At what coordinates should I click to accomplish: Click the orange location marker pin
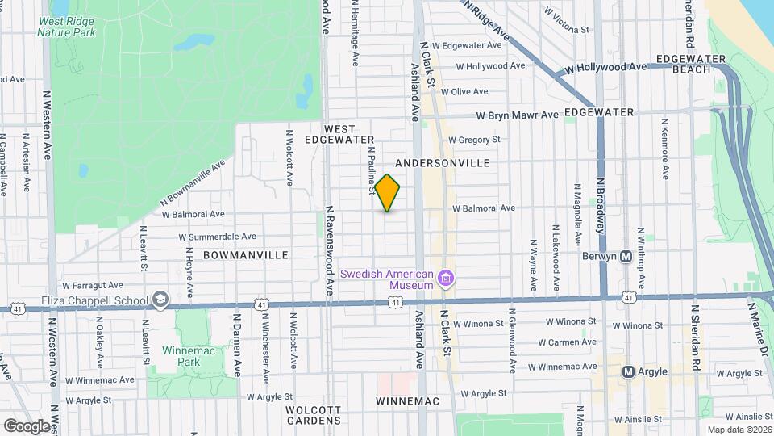[x=388, y=193]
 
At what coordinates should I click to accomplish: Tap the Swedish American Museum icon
[x=446, y=279]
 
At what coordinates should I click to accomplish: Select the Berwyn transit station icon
[x=626, y=257]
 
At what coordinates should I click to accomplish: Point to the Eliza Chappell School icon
[x=160, y=300]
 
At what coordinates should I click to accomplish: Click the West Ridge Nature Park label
[x=66, y=27]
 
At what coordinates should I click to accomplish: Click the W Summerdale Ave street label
[x=217, y=237]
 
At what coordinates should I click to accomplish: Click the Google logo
[x=26, y=426]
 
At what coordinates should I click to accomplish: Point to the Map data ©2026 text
[x=739, y=430]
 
